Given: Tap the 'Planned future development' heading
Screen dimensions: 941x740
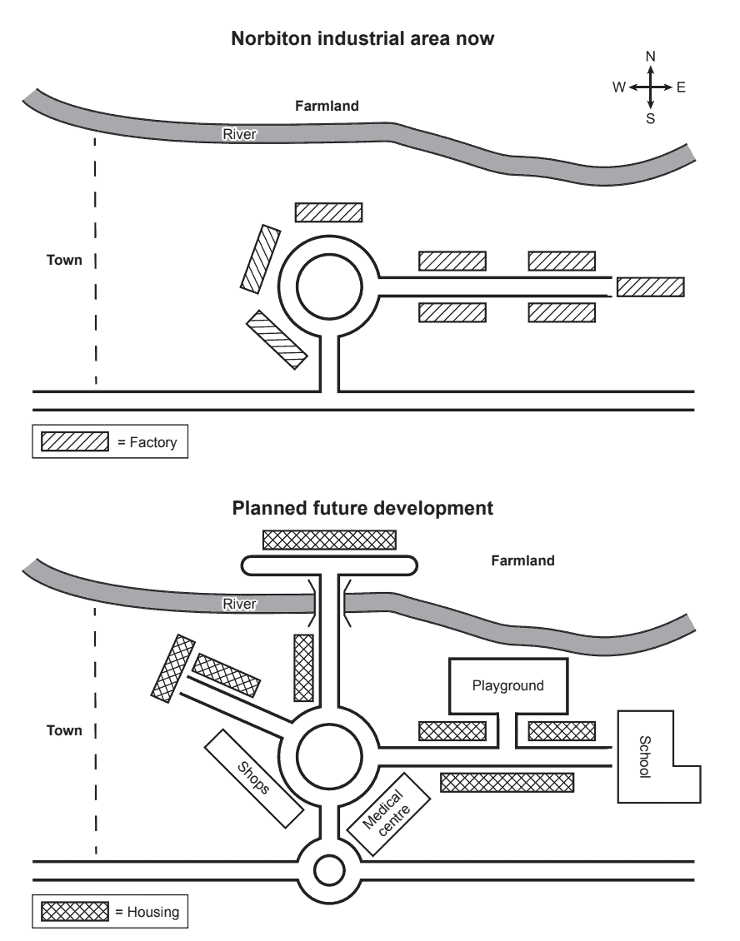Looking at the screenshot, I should [x=362, y=507].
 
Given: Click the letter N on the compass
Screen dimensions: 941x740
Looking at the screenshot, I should [x=651, y=57].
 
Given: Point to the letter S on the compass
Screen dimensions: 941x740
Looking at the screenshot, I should [x=651, y=118].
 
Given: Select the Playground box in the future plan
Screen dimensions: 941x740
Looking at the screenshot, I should [x=508, y=685].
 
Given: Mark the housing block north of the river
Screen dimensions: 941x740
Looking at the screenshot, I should [x=329, y=540].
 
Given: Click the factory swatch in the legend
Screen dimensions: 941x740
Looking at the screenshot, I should [x=76, y=442].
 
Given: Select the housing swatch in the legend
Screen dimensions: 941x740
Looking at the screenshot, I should [x=76, y=911].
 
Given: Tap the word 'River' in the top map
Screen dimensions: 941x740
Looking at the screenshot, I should [x=238, y=134].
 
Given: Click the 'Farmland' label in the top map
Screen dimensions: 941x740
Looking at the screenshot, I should [x=327, y=106].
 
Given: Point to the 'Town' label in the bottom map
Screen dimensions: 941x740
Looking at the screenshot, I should [x=64, y=730].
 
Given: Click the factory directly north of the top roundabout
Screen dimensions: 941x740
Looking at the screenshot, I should [x=328, y=212].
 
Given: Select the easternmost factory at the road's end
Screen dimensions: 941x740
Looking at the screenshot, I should [x=650, y=287].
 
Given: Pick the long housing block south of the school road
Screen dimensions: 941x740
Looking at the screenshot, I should [x=507, y=782].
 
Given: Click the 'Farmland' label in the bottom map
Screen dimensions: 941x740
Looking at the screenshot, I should [x=522, y=560].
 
